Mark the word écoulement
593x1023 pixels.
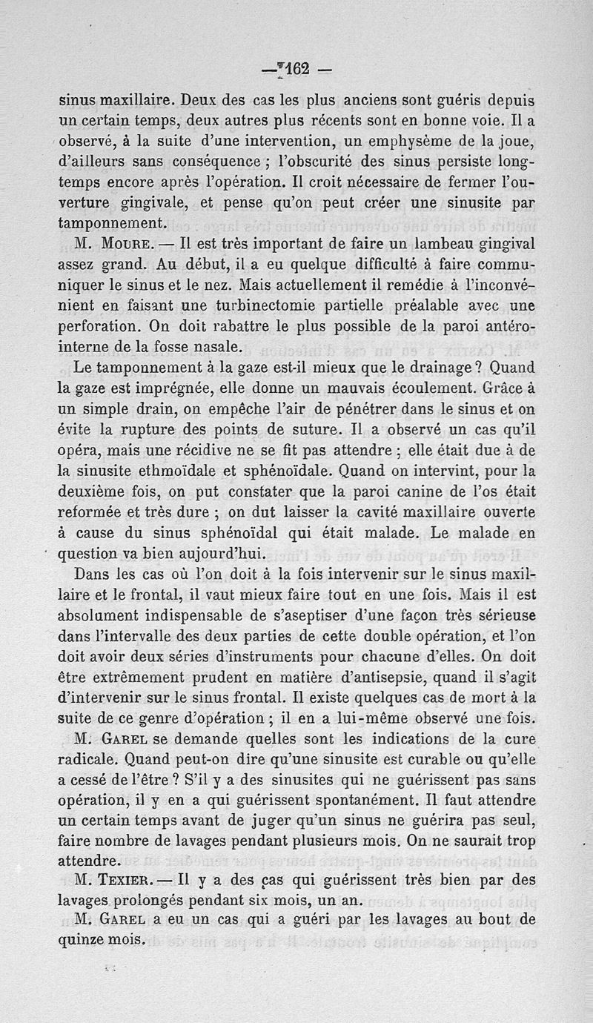point(388,387)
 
